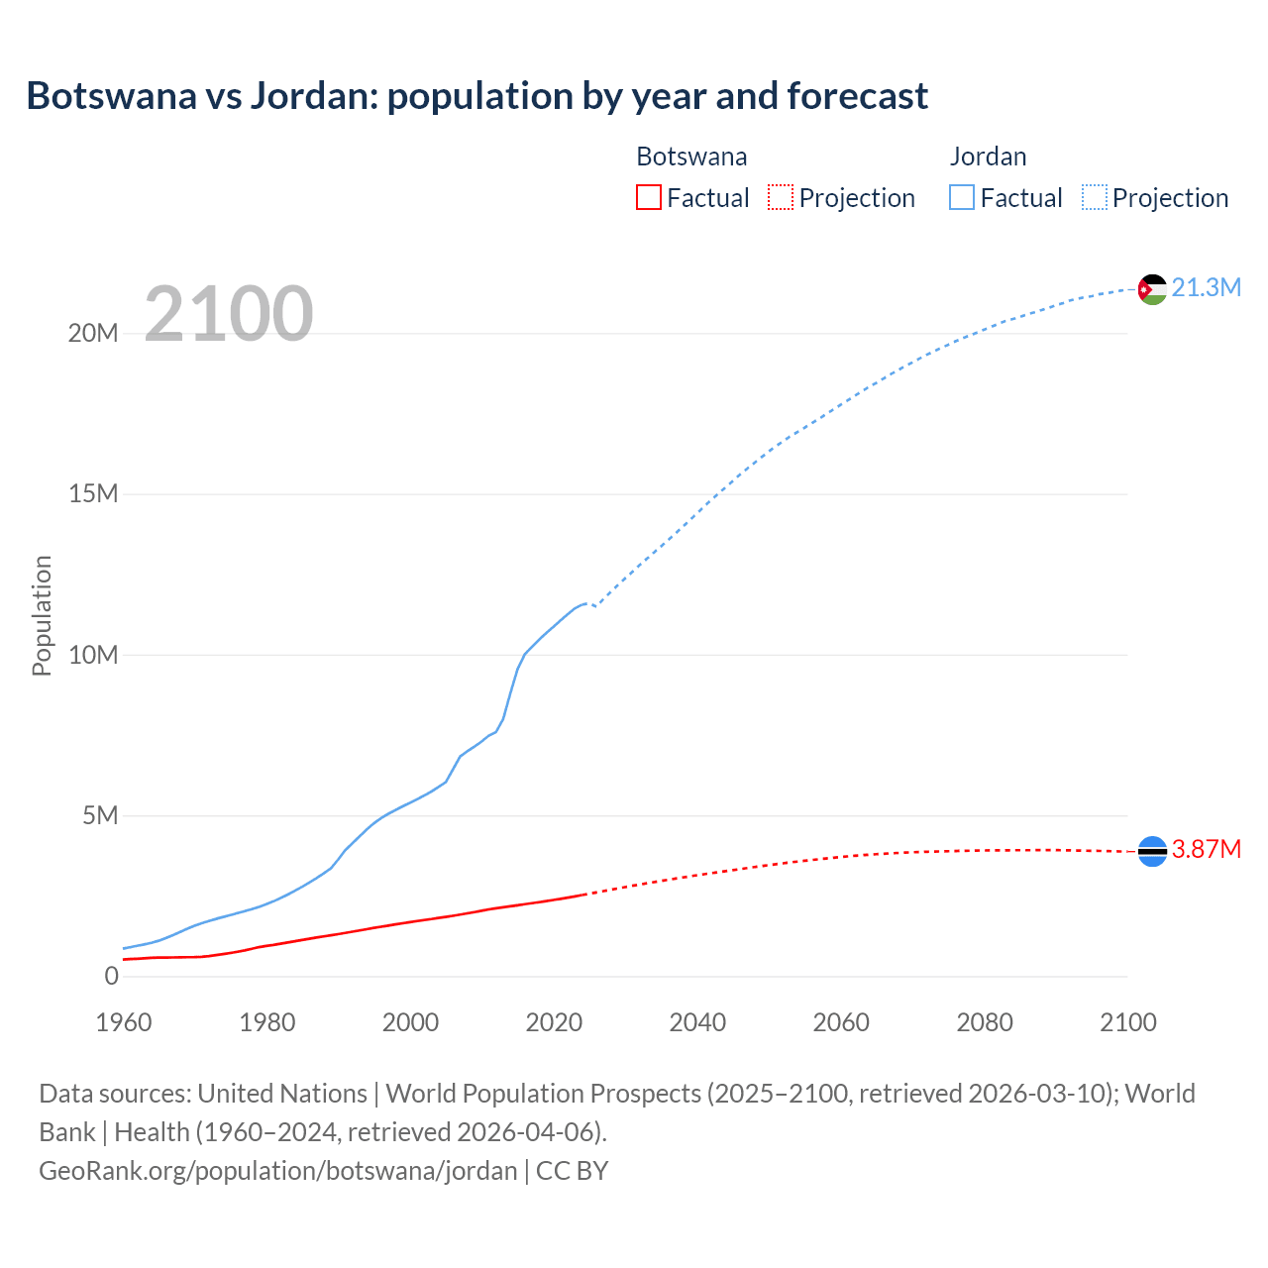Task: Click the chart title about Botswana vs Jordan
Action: [x=476, y=96]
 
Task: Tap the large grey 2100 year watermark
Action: [x=229, y=314]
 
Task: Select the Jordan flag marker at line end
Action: [x=1152, y=289]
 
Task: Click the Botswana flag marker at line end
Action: [x=1152, y=851]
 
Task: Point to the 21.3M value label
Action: [x=1206, y=288]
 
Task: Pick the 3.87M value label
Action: [x=1206, y=850]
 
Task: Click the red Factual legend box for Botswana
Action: [x=648, y=197]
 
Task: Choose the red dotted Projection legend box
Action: [x=781, y=197]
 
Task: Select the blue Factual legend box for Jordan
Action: [x=962, y=197]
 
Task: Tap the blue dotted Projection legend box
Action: [x=1095, y=197]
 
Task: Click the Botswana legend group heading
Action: [x=691, y=157]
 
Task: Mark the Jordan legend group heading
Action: [x=988, y=157]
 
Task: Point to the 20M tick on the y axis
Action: [x=93, y=333]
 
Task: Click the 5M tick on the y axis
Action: [x=100, y=815]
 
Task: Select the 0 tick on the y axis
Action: [x=111, y=976]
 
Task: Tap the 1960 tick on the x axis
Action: [x=124, y=1022]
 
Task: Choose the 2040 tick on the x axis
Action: [x=697, y=1022]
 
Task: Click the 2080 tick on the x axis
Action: [x=985, y=1022]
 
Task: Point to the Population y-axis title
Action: [x=42, y=615]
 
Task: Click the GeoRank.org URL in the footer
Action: [x=277, y=1171]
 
